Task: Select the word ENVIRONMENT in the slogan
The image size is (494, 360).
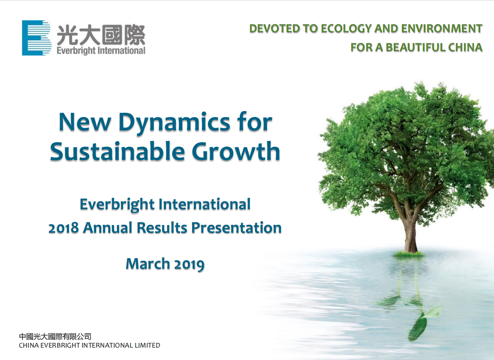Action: pyautogui.click(x=442, y=29)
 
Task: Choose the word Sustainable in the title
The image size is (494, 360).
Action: pyautogui.click(x=117, y=151)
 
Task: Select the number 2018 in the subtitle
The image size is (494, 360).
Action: pyautogui.click(x=63, y=228)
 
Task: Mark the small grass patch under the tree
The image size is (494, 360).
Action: pyautogui.click(x=409, y=254)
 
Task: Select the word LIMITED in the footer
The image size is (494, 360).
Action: pyautogui.click(x=146, y=345)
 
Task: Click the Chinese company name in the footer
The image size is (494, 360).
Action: pyautogui.click(x=55, y=336)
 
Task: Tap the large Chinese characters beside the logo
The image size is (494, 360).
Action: pyautogui.click(x=101, y=35)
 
